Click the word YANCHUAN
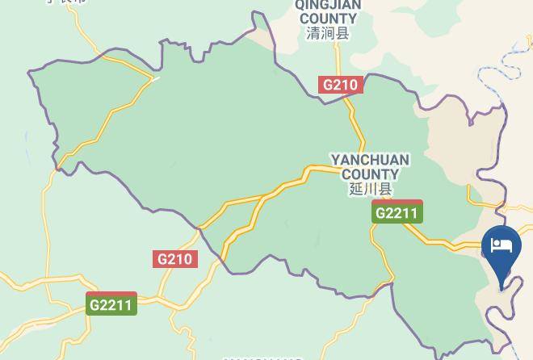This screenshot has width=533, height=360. pos(370,160)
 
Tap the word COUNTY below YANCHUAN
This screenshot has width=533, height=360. pos(370,174)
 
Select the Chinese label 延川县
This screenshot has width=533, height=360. pos(370,189)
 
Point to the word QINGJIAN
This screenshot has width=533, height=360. pos(328,5)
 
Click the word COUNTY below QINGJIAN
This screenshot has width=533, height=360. pos(328,19)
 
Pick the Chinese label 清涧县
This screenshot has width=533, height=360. pos(327,33)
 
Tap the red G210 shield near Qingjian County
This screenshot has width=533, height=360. pos(341,85)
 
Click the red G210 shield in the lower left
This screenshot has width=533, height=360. pos(174,259)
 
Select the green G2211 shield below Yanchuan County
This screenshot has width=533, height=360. pos(397,212)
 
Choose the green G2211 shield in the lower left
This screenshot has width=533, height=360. pos(112,304)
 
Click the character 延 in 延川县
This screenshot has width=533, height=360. pos(356,189)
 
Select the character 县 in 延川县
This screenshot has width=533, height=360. pos(384,189)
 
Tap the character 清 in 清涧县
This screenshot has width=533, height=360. pos(313,33)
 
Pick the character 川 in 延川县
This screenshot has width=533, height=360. pos(370,189)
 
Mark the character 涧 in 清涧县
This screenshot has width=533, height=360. pos(327,33)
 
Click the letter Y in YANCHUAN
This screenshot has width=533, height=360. pos(336,160)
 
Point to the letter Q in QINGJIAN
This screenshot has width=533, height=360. pos(301,5)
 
